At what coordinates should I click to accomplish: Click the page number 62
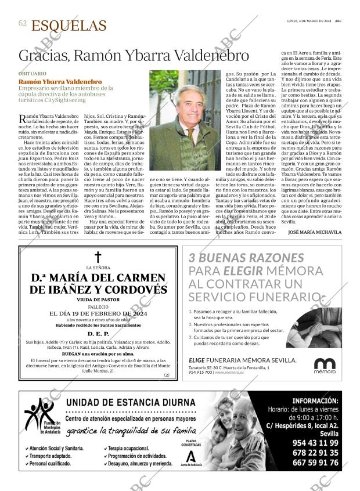(23, 24)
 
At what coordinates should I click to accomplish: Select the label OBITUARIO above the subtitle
(33, 74)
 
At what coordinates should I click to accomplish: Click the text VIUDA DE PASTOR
(98, 299)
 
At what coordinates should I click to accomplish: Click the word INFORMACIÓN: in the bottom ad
(314, 401)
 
